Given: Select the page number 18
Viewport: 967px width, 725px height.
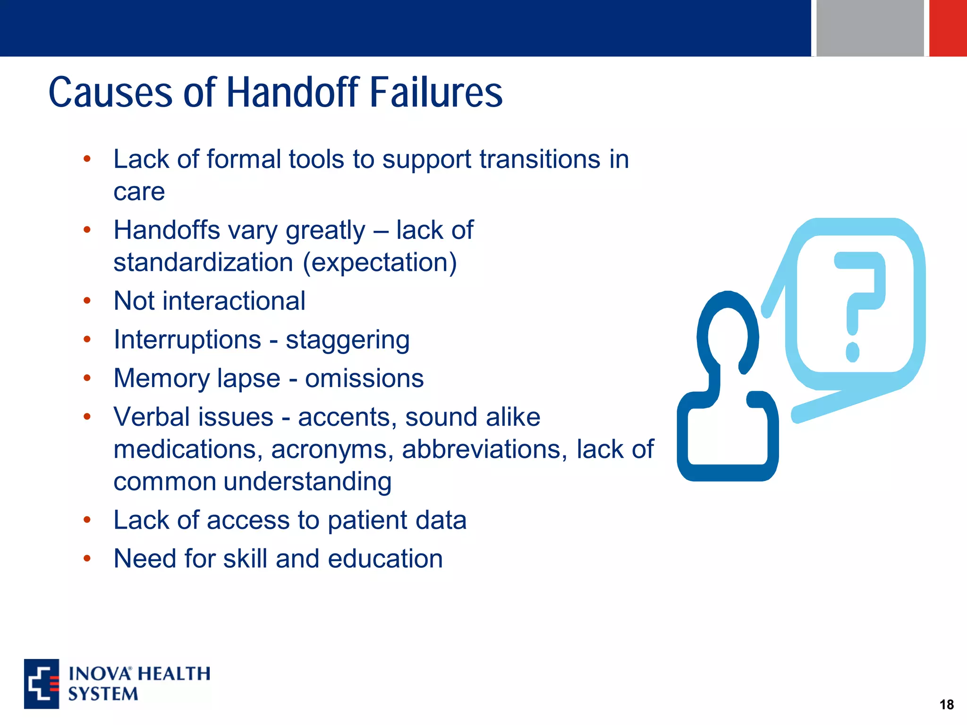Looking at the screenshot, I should (946, 705).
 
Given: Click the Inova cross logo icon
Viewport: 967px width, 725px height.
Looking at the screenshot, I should (42, 683).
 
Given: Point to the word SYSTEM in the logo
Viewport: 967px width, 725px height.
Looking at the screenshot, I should (103, 694).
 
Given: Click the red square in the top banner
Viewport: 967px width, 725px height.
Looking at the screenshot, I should (948, 28).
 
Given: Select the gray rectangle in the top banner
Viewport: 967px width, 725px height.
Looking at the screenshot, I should (870, 28).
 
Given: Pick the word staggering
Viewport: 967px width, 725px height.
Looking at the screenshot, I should (348, 340).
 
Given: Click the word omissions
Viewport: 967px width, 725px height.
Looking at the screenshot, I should (364, 379).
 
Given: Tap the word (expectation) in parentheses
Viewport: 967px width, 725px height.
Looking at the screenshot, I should (380, 262).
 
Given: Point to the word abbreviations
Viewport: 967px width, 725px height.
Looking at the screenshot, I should (484, 449).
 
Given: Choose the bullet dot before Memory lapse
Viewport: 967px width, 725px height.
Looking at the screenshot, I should (87, 378).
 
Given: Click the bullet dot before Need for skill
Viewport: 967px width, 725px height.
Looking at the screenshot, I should (87, 559).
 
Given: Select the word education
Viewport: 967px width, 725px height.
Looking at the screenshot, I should (385, 559).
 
